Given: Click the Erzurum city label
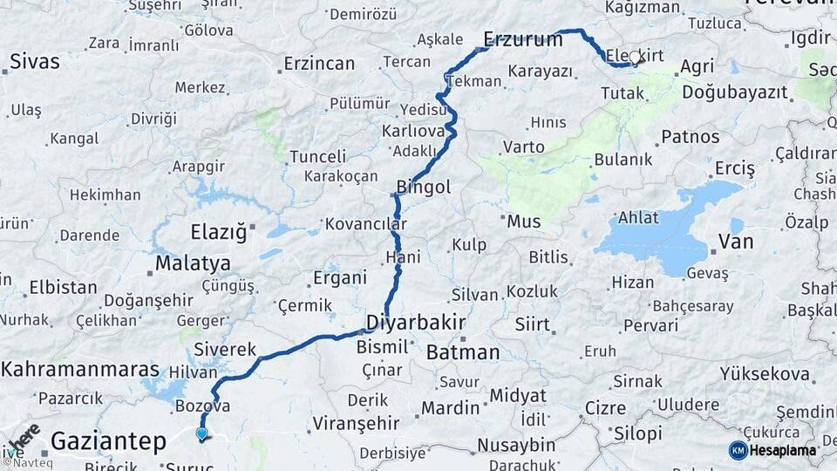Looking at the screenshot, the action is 523,39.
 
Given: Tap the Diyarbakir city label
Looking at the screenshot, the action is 415,322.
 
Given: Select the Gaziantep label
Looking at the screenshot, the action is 108,441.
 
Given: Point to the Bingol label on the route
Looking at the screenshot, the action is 424,187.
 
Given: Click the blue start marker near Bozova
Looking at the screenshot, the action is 202,433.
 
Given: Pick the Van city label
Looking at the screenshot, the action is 735,242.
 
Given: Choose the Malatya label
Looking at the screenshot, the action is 193,263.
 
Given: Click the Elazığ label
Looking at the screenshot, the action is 219,232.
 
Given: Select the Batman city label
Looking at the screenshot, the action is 463,352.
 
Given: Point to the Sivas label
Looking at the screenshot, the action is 35,62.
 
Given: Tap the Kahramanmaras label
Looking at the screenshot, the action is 80,369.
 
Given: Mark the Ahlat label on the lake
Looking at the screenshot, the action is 638,217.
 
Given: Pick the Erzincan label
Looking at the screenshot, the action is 319,64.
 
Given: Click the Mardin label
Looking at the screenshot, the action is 450,407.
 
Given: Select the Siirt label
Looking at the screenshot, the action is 532,324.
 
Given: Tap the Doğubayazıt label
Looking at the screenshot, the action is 734,92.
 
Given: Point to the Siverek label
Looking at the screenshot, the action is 225,348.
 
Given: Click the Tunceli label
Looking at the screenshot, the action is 317,157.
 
